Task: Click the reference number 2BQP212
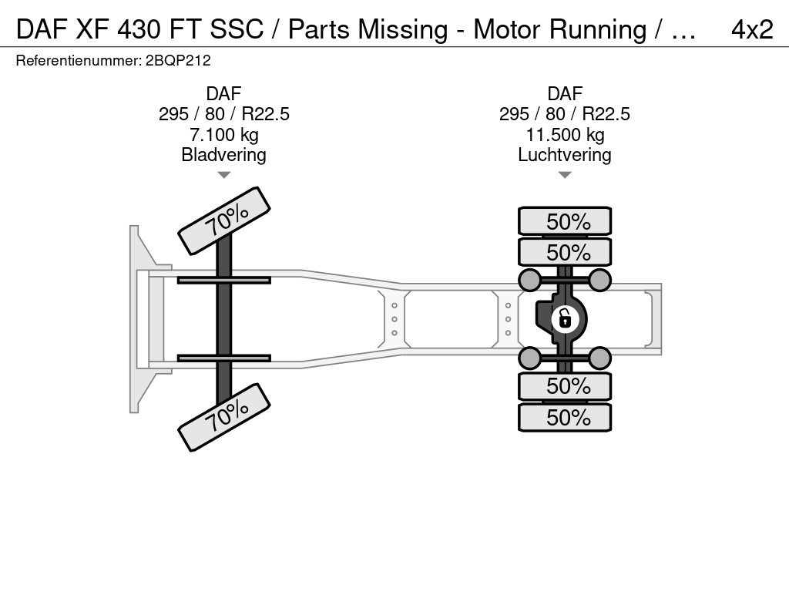point(178,61)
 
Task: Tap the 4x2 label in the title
point(752,29)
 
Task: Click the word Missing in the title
point(402,30)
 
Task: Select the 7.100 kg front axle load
point(224,134)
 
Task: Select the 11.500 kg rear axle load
point(565,134)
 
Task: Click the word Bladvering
point(224,154)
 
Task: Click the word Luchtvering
point(565,154)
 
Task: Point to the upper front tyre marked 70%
point(224,221)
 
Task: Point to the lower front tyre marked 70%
point(224,417)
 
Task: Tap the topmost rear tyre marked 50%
point(565,221)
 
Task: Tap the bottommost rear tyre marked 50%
point(565,417)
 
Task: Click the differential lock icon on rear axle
point(565,319)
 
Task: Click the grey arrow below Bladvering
point(224,175)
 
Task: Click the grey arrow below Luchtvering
point(565,175)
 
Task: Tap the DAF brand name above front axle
point(224,93)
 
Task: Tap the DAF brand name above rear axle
point(565,93)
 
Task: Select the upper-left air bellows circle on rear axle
point(530,280)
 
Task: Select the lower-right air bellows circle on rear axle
point(599,358)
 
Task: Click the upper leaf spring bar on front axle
point(224,280)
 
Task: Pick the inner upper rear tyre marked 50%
point(565,252)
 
